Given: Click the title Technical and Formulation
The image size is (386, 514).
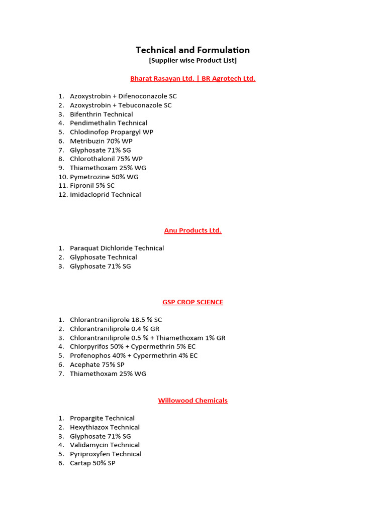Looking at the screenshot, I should pyautogui.click(x=192, y=50).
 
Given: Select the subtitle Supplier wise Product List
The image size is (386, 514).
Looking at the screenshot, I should pyautogui.click(x=192, y=61).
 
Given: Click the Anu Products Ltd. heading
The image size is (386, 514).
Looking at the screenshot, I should pyautogui.click(x=192, y=230).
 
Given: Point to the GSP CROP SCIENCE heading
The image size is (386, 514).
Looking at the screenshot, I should pyautogui.click(x=192, y=302).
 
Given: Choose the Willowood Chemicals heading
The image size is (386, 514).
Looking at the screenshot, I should pyautogui.click(x=192, y=401).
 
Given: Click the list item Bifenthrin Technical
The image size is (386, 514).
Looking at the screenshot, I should pyautogui.click(x=102, y=114).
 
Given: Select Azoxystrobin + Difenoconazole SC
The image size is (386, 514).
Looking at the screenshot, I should pyautogui.click(x=123, y=96).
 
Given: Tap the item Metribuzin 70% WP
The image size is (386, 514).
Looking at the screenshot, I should pyautogui.click(x=101, y=141).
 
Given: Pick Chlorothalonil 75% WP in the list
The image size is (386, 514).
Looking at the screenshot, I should pyautogui.click(x=106, y=159).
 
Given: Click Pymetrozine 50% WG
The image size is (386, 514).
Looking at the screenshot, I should pyautogui.click(x=104, y=177).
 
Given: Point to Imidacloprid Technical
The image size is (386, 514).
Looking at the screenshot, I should pyautogui.click(x=106, y=195).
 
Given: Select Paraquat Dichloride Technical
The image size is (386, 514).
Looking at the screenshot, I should pyautogui.click(x=117, y=248).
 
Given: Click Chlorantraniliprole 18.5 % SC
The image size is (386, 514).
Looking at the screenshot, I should pyautogui.click(x=116, y=320).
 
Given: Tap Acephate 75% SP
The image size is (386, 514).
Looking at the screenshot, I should pyautogui.click(x=97, y=365).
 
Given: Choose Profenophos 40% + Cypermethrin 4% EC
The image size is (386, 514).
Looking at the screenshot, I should pyautogui.click(x=134, y=356).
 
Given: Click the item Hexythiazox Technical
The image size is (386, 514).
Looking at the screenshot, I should pyautogui.click(x=105, y=427).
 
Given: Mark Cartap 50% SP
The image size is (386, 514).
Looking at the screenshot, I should pyautogui.click(x=92, y=463).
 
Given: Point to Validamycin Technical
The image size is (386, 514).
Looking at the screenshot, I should pyautogui.click(x=105, y=445).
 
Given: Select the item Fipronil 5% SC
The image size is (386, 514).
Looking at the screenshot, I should pyautogui.click(x=92, y=186).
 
